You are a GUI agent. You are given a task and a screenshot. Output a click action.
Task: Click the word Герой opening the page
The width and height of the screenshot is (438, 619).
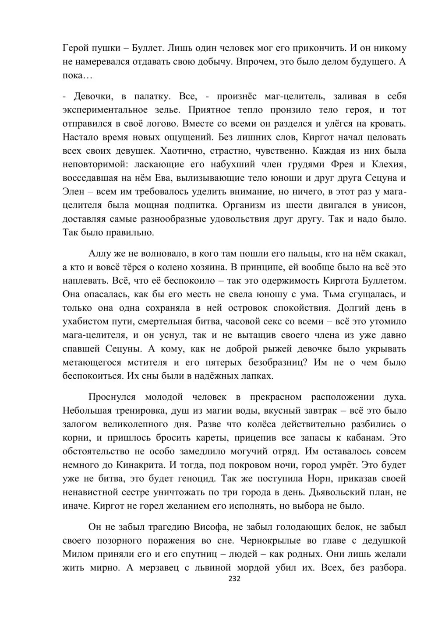(75, 48)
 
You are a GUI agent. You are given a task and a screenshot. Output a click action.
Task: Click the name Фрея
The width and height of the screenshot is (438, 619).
(350, 164)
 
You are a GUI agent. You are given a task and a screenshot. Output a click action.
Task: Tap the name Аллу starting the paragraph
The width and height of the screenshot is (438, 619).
(102, 253)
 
